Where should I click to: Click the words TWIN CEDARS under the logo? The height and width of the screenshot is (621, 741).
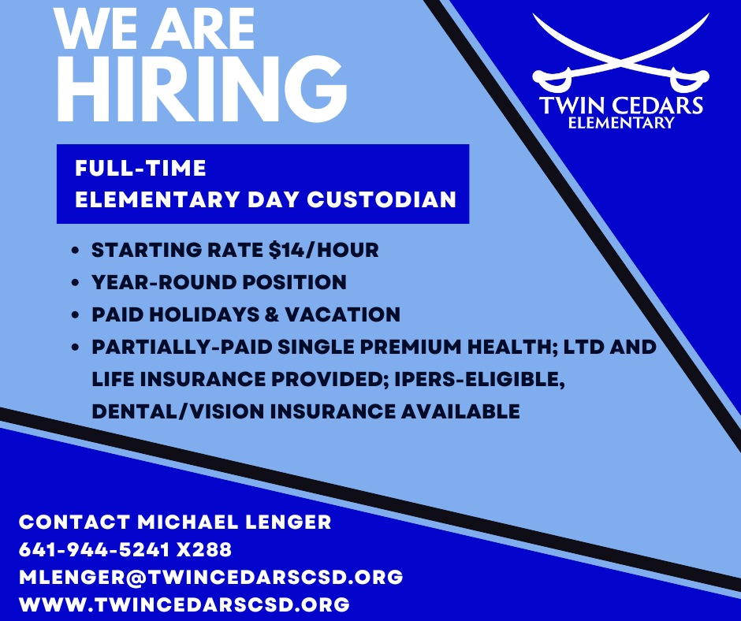(x=620, y=106)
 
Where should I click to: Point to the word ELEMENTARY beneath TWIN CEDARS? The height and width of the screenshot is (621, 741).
(x=620, y=122)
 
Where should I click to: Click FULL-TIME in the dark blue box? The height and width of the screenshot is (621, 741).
(x=140, y=168)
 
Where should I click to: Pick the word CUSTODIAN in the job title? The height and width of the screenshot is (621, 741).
(x=382, y=199)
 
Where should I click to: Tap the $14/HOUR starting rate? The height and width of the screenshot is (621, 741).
(x=324, y=251)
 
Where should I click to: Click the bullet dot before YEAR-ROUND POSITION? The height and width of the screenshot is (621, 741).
(x=76, y=283)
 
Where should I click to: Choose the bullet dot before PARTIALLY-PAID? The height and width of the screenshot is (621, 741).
(x=76, y=348)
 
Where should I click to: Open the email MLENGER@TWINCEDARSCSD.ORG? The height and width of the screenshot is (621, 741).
(x=210, y=577)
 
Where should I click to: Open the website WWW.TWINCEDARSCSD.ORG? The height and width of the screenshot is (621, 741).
(x=184, y=604)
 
